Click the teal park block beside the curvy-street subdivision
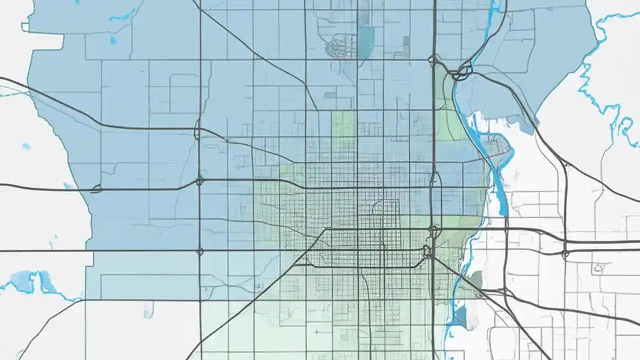(x=365, y=41)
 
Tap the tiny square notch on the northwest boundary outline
(x=24, y=26)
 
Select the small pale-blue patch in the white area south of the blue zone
(x=148, y=312)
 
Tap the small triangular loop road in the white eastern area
(x=598, y=268)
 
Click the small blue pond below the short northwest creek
(x=113, y=39)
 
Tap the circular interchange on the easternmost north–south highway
(x=565, y=254)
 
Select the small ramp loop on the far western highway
(x=96, y=189)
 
